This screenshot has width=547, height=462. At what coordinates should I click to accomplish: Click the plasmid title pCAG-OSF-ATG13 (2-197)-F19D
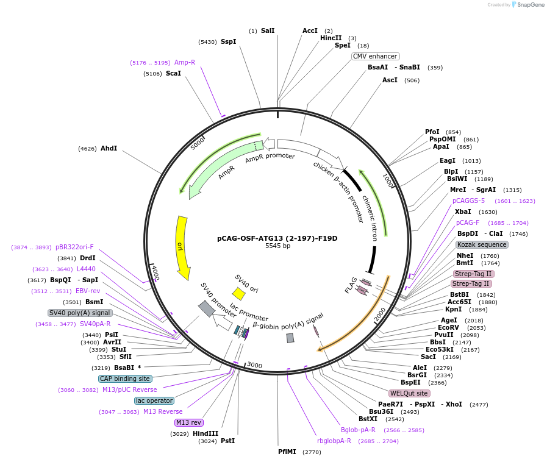click(x=277, y=238)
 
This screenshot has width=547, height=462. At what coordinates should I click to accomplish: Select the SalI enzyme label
click(x=268, y=30)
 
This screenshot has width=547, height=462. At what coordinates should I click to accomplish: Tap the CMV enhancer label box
click(x=375, y=56)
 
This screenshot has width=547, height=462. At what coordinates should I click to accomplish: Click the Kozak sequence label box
click(x=482, y=244)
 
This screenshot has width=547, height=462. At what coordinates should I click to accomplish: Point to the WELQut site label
click(x=409, y=393)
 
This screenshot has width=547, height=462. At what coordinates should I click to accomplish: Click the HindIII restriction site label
click(x=206, y=433)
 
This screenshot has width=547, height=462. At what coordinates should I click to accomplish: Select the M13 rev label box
click(x=188, y=422)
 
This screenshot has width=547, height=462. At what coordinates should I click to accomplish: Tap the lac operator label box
click(x=154, y=400)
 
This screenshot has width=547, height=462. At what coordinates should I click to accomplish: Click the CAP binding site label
click(x=125, y=378)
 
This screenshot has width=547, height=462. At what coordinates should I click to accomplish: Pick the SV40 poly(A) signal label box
click(x=80, y=313)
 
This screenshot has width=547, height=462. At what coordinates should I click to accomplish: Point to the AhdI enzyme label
click(x=109, y=148)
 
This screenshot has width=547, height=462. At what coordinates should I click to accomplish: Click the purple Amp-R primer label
click(x=185, y=62)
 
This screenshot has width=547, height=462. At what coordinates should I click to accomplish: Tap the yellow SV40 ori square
click(x=238, y=294)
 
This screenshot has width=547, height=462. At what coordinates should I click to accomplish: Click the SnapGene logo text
click(x=528, y=5)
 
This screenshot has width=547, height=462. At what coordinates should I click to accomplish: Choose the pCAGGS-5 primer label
click(x=468, y=201)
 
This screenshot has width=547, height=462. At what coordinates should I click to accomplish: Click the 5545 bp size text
click(x=277, y=246)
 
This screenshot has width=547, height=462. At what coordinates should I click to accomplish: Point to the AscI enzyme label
click(x=390, y=80)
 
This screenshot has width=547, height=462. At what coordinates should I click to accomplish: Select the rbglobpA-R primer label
click(x=334, y=441)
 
